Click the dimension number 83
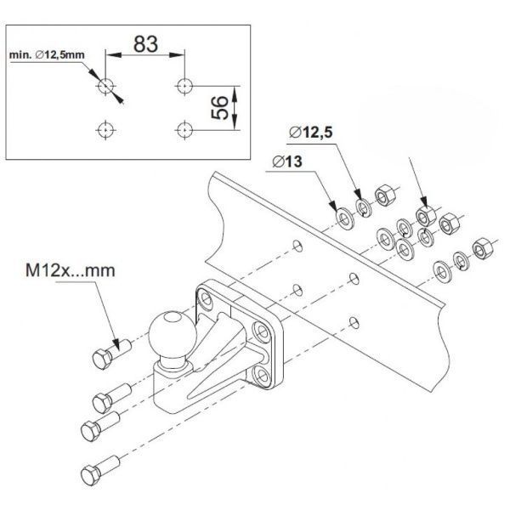pyautogui.click(x=145, y=44)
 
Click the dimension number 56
pyautogui.click(x=220, y=108)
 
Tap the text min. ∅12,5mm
pyautogui.click(x=47, y=54)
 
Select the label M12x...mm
pyautogui.click(x=71, y=270)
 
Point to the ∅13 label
pyautogui.click(x=287, y=161)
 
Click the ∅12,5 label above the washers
pyautogui.click(x=310, y=133)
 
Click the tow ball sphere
pyautogui.click(x=173, y=336)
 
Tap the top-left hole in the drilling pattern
pyautogui.click(x=105, y=86)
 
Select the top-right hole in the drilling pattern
pyautogui.click(x=184, y=86)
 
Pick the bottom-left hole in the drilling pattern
pyautogui.click(x=105, y=130)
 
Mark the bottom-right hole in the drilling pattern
pyautogui.click(x=184, y=130)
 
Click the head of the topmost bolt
pyautogui.click(x=102, y=360)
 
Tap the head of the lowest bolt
pyautogui.click(x=91, y=475)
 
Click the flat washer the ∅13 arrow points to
pyautogui.click(x=345, y=218)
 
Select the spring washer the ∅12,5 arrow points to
pyautogui.click(x=364, y=208)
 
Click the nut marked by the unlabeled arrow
pyautogui.click(x=426, y=216)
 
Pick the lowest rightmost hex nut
pyautogui.click(x=483, y=248)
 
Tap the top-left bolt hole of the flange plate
pyautogui.click(x=206, y=297)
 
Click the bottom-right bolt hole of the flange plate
pyautogui.click(x=262, y=376)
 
